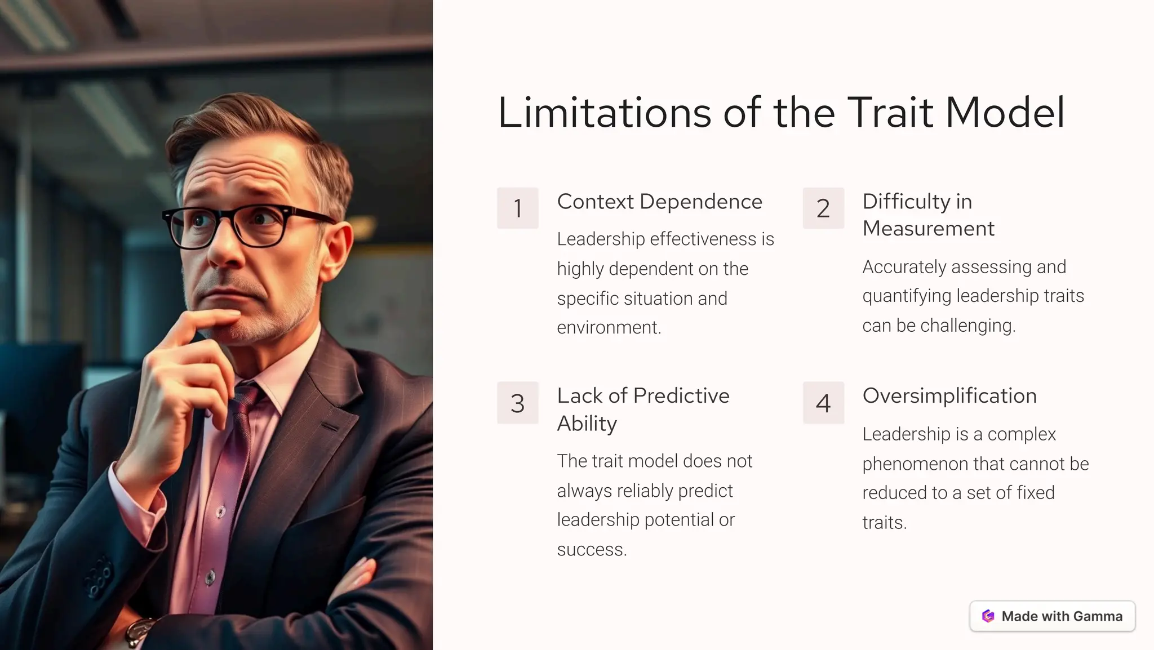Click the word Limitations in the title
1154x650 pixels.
point(604,113)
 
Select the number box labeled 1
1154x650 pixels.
point(517,208)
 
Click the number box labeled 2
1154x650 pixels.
point(823,208)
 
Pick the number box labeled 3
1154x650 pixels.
point(517,403)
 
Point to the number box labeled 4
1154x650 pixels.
point(823,403)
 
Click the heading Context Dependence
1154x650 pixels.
point(659,202)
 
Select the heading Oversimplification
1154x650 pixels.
point(949,396)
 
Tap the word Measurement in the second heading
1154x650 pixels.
point(928,229)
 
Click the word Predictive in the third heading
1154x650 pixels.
point(681,396)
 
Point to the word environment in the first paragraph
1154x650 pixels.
point(608,327)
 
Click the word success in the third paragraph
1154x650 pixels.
point(591,549)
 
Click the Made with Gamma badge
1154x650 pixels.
point(1052,616)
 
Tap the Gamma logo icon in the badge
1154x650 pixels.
point(988,616)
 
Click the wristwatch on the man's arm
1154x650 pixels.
point(140,632)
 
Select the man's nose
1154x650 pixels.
point(225,248)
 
